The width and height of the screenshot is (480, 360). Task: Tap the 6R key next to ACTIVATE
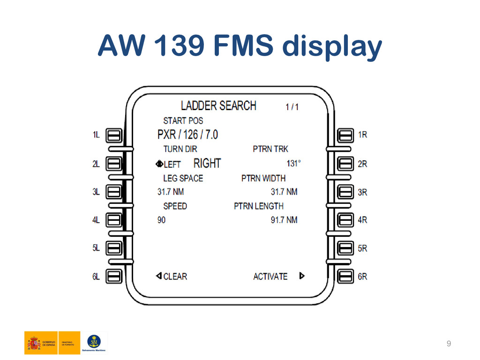coord(346,277)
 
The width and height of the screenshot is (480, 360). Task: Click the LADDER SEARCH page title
coord(218,105)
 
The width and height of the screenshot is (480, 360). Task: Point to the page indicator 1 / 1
coord(292,107)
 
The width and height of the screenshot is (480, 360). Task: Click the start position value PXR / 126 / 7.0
coord(187,135)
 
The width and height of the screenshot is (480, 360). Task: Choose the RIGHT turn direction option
coord(207,164)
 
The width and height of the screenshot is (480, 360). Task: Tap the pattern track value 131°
coord(294,164)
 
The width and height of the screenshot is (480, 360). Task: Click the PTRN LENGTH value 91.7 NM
coord(284,220)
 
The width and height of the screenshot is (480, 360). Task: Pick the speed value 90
coord(161,220)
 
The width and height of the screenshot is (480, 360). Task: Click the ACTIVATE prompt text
coord(270,277)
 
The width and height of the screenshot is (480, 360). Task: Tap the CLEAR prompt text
coord(175,277)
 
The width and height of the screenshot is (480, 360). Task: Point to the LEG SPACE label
coord(183,178)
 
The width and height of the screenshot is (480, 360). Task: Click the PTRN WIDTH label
coord(263,178)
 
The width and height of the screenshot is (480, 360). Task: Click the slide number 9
coord(449,345)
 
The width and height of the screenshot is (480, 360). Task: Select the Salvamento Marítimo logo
coord(94,343)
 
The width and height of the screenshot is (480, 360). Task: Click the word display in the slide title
coord(332,47)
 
